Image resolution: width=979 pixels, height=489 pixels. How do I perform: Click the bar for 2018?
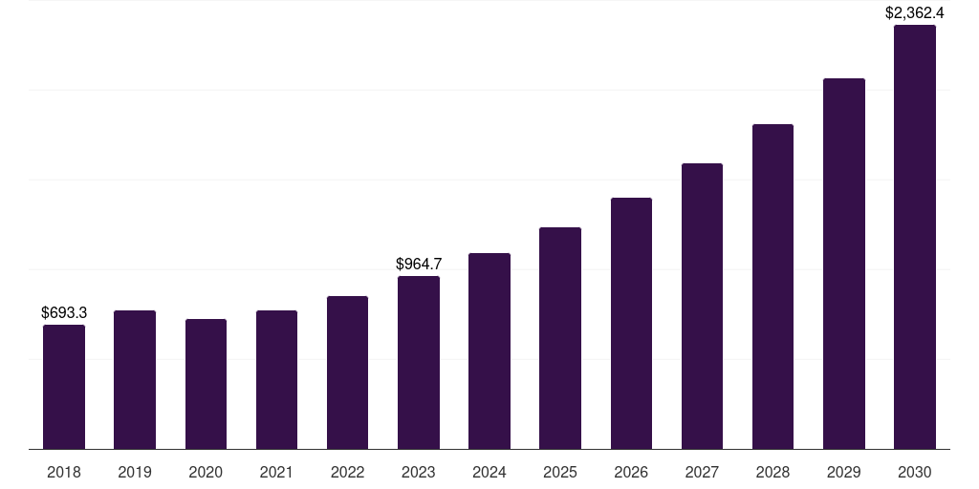[x=64, y=387]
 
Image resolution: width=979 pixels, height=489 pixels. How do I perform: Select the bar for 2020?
[x=206, y=384]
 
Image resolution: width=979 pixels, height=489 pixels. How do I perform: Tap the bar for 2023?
[x=419, y=363]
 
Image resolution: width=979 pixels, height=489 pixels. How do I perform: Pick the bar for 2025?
[x=560, y=338]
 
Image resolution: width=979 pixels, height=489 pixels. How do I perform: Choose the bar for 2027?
[x=702, y=306]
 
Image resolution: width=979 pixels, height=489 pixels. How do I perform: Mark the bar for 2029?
[x=844, y=264]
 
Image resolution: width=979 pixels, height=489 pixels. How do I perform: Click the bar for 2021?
[x=276, y=379]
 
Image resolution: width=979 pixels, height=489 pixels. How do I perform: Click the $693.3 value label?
[x=64, y=312]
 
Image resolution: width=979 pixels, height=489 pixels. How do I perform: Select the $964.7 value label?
[x=419, y=264]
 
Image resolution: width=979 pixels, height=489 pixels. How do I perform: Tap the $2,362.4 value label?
[x=915, y=12]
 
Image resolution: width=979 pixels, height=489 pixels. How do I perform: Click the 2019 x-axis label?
[x=135, y=472]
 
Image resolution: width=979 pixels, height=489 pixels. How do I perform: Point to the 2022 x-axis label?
[x=348, y=472]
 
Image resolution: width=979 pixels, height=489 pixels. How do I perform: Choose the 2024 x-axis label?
[x=489, y=472]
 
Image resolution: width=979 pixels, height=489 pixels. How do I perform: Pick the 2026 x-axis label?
[x=631, y=472]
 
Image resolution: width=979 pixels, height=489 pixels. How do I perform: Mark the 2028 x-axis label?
[x=772, y=472]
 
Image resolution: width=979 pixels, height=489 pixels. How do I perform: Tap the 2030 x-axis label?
[x=915, y=472]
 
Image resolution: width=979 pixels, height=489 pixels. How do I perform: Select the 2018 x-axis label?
[x=64, y=472]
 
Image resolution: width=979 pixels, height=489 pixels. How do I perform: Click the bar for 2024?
[x=489, y=351]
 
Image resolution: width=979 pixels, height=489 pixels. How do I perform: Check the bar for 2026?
[x=631, y=323]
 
